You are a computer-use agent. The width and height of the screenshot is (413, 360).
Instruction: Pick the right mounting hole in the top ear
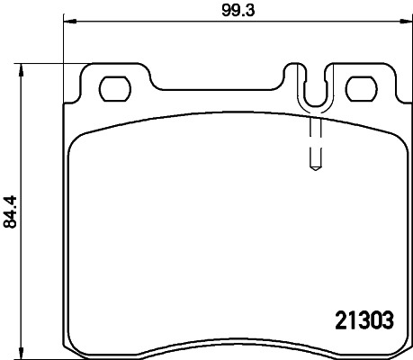coord(361,89)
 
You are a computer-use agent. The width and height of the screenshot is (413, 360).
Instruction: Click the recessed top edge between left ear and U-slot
coord(216,89)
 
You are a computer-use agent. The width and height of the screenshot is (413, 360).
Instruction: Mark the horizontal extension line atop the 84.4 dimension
coord(54,64)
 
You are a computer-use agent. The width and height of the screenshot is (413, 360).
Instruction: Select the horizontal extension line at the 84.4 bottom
coord(45,353)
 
